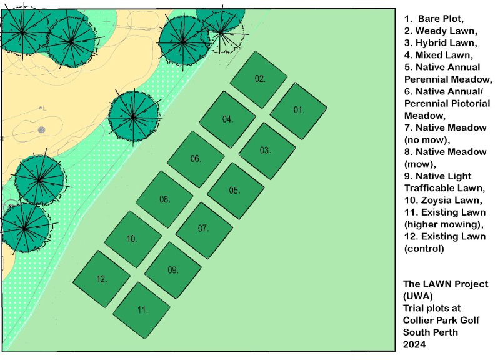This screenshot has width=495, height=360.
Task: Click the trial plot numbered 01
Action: point(299,111)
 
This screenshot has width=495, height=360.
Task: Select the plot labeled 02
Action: point(259,79)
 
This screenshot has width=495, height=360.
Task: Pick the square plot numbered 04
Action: point(227,119)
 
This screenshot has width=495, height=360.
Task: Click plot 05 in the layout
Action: point(235,191)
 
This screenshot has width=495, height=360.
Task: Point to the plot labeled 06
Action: point(196,159)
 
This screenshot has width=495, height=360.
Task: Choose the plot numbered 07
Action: point(204,229)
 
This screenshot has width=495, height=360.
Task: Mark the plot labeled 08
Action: point(164,199)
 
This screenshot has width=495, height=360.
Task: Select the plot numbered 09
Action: point(172,271)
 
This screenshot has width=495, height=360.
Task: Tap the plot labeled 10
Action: point(132,239)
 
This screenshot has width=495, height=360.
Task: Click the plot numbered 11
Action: point(141,309)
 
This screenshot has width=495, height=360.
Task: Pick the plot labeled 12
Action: point(101,279)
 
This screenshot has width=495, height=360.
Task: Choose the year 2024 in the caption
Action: point(416,344)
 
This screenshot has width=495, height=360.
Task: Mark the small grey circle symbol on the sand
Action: point(42,129)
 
